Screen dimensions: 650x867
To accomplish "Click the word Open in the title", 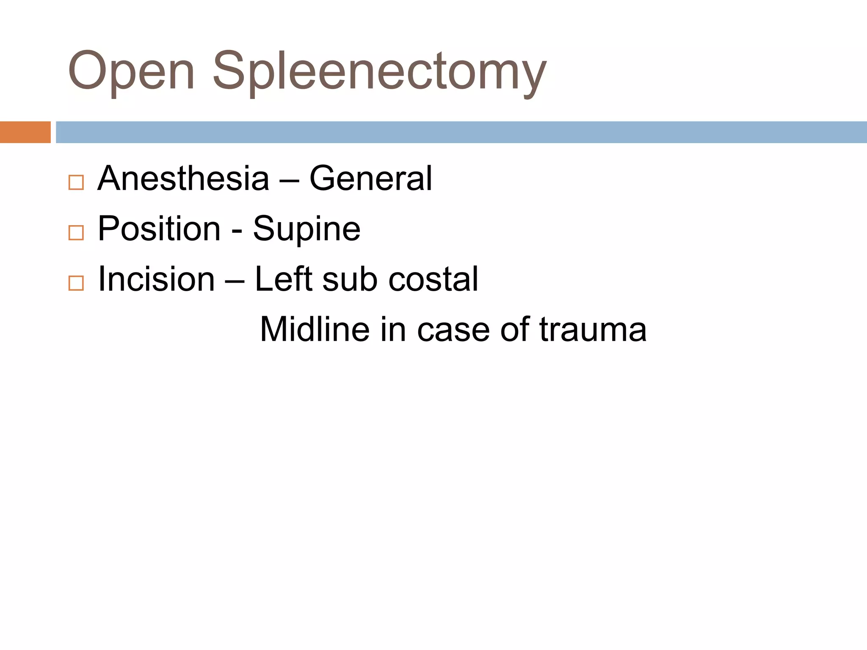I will click(x=131, y=71).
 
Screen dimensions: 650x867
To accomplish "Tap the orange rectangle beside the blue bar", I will click(x=25, y=132).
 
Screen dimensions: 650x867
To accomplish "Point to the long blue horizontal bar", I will click(x=461, y=132).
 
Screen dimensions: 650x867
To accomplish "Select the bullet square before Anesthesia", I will click(x=76, y=183).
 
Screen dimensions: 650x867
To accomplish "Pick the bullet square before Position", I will click(x=76, y=233).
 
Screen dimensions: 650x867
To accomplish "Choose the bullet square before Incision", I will click(x=76, y=283).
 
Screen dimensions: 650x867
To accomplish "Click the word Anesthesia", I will click(x=183, y=179).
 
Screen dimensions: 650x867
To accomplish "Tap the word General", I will click(x=371, y=179).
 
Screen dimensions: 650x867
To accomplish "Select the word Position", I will click(x=159, y=229).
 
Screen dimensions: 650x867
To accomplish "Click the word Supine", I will click(x=306, y=229).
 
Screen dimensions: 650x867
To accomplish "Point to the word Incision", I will click(x=156, y=279).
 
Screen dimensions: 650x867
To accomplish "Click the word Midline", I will click(x=315, y=329).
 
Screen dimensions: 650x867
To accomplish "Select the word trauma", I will click(x=593, y=330).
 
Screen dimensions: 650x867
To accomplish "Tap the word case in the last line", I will click(x=453, y=330).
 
